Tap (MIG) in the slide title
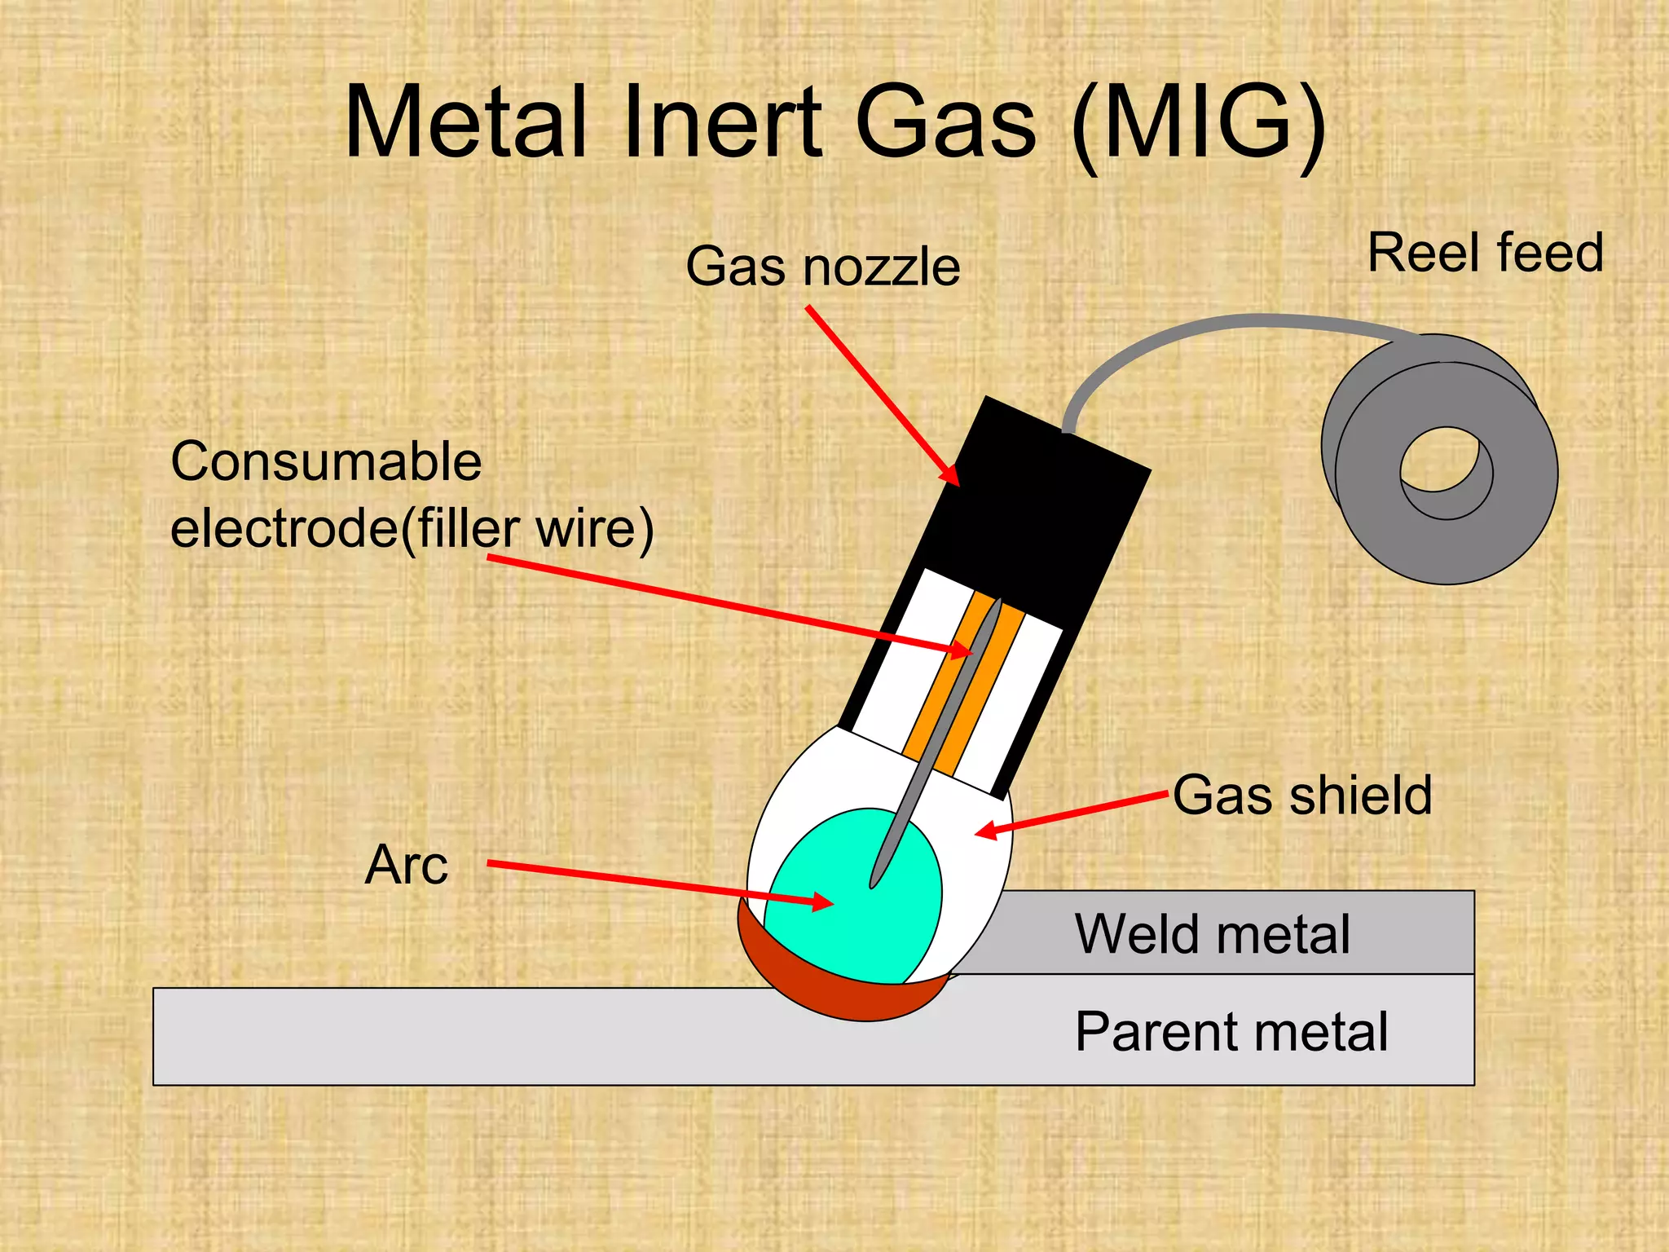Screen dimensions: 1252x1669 coord(1198,124)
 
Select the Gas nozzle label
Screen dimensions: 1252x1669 coord(822,267)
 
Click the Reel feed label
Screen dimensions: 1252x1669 coord(1485,253)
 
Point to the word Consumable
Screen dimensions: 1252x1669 coord(326,462)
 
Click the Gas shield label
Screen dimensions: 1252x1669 coord(1301,795)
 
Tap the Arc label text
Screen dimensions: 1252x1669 coord(406,865)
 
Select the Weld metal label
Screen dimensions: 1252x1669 coord(1212,934)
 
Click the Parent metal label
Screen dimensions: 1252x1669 coord(1231,1032)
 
